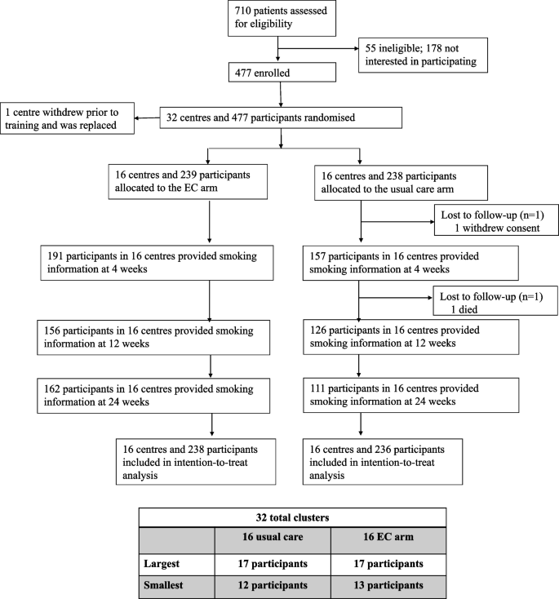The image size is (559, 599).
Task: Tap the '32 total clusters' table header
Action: click(x=292, y=517)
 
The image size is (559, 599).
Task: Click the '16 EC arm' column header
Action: click(x=388, y=540)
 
